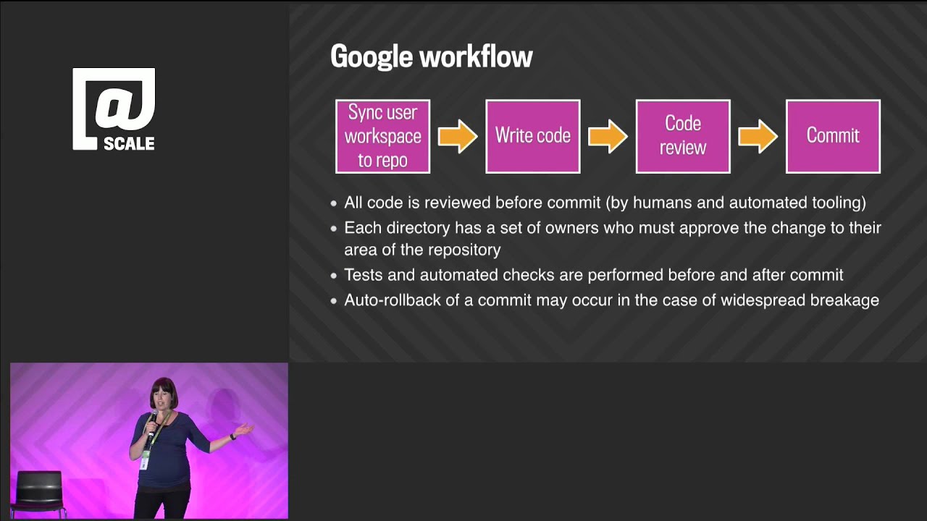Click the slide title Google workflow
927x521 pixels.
(x=431, y=56)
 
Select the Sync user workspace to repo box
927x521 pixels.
(x=382, y=136)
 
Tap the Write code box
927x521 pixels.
(x=532, y=136)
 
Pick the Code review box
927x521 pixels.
(x=682, y=136)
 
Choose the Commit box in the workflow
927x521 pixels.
(x=833, y=136)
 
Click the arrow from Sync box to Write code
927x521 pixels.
(x=458, y=136)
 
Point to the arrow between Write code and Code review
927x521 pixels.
(x=608, y=136)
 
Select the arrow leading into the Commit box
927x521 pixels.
(x=758, y=136)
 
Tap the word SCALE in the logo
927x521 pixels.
(x=129, y=143)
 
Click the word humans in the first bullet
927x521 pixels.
(x=663, y=203)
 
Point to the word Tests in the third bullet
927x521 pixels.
(x=364, y=275)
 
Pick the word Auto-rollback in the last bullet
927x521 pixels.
(x=392, y=300)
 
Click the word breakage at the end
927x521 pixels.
(x=845, y=300)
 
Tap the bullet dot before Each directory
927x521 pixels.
(x=334, y=229)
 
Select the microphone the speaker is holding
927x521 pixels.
(x=152, y=420)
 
